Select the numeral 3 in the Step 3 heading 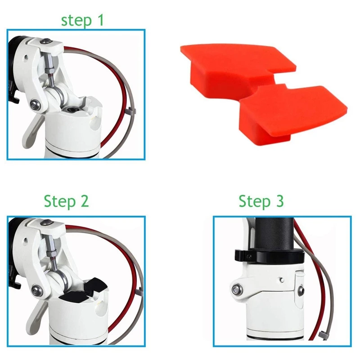pos(279,201)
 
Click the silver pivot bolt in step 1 pos(35,105)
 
